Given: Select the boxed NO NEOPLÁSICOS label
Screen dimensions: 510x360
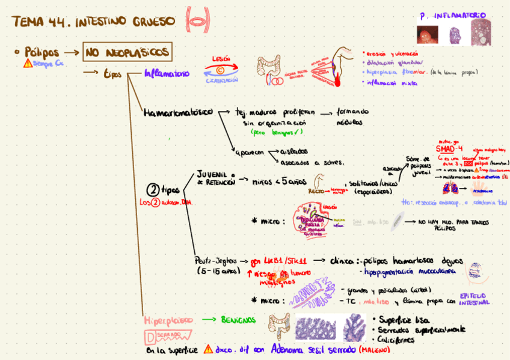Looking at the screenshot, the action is point(127,53).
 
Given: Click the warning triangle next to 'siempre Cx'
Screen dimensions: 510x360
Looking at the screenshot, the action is point(27,63).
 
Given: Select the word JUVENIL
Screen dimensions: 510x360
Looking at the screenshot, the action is point(211,173).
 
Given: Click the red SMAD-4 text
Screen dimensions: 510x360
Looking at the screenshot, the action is point(449,148).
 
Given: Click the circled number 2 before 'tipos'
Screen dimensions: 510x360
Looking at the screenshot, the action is point(153,191).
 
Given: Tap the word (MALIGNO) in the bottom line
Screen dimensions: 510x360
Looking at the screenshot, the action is point(374,349).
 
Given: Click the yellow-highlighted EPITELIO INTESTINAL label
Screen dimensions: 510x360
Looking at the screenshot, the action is point(475,299).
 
